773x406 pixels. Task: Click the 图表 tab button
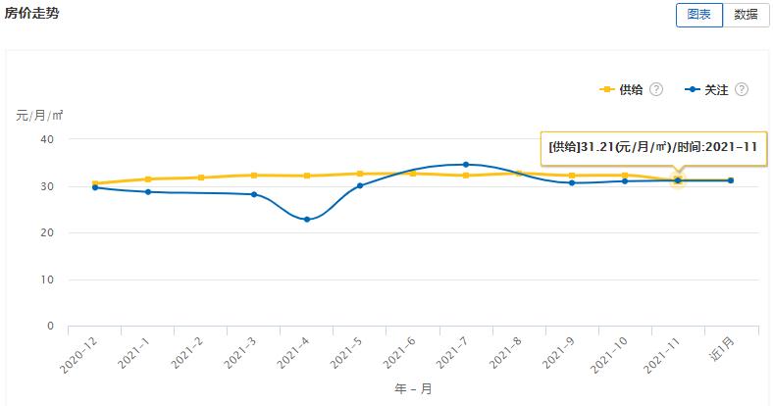(698, 15)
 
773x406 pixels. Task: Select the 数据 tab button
(746, 15)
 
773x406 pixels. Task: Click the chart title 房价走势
(31, 13)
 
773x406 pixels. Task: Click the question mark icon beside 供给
(656, 89)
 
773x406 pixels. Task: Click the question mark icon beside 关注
(742, 89)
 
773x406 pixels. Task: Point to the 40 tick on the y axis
(46, 139)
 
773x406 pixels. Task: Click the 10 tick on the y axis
(46, 279)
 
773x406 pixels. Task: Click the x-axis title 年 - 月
(413, 388)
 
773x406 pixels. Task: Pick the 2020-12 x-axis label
(78, 355)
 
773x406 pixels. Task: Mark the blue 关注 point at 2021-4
(307, 220)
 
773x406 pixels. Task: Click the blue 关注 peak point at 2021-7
(466, 165)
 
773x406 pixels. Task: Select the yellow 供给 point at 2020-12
(95, 183)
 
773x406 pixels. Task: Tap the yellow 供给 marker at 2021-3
(254, 176)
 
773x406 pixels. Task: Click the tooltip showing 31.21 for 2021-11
(651, 146)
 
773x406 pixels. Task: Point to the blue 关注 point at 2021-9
(572, 182)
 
